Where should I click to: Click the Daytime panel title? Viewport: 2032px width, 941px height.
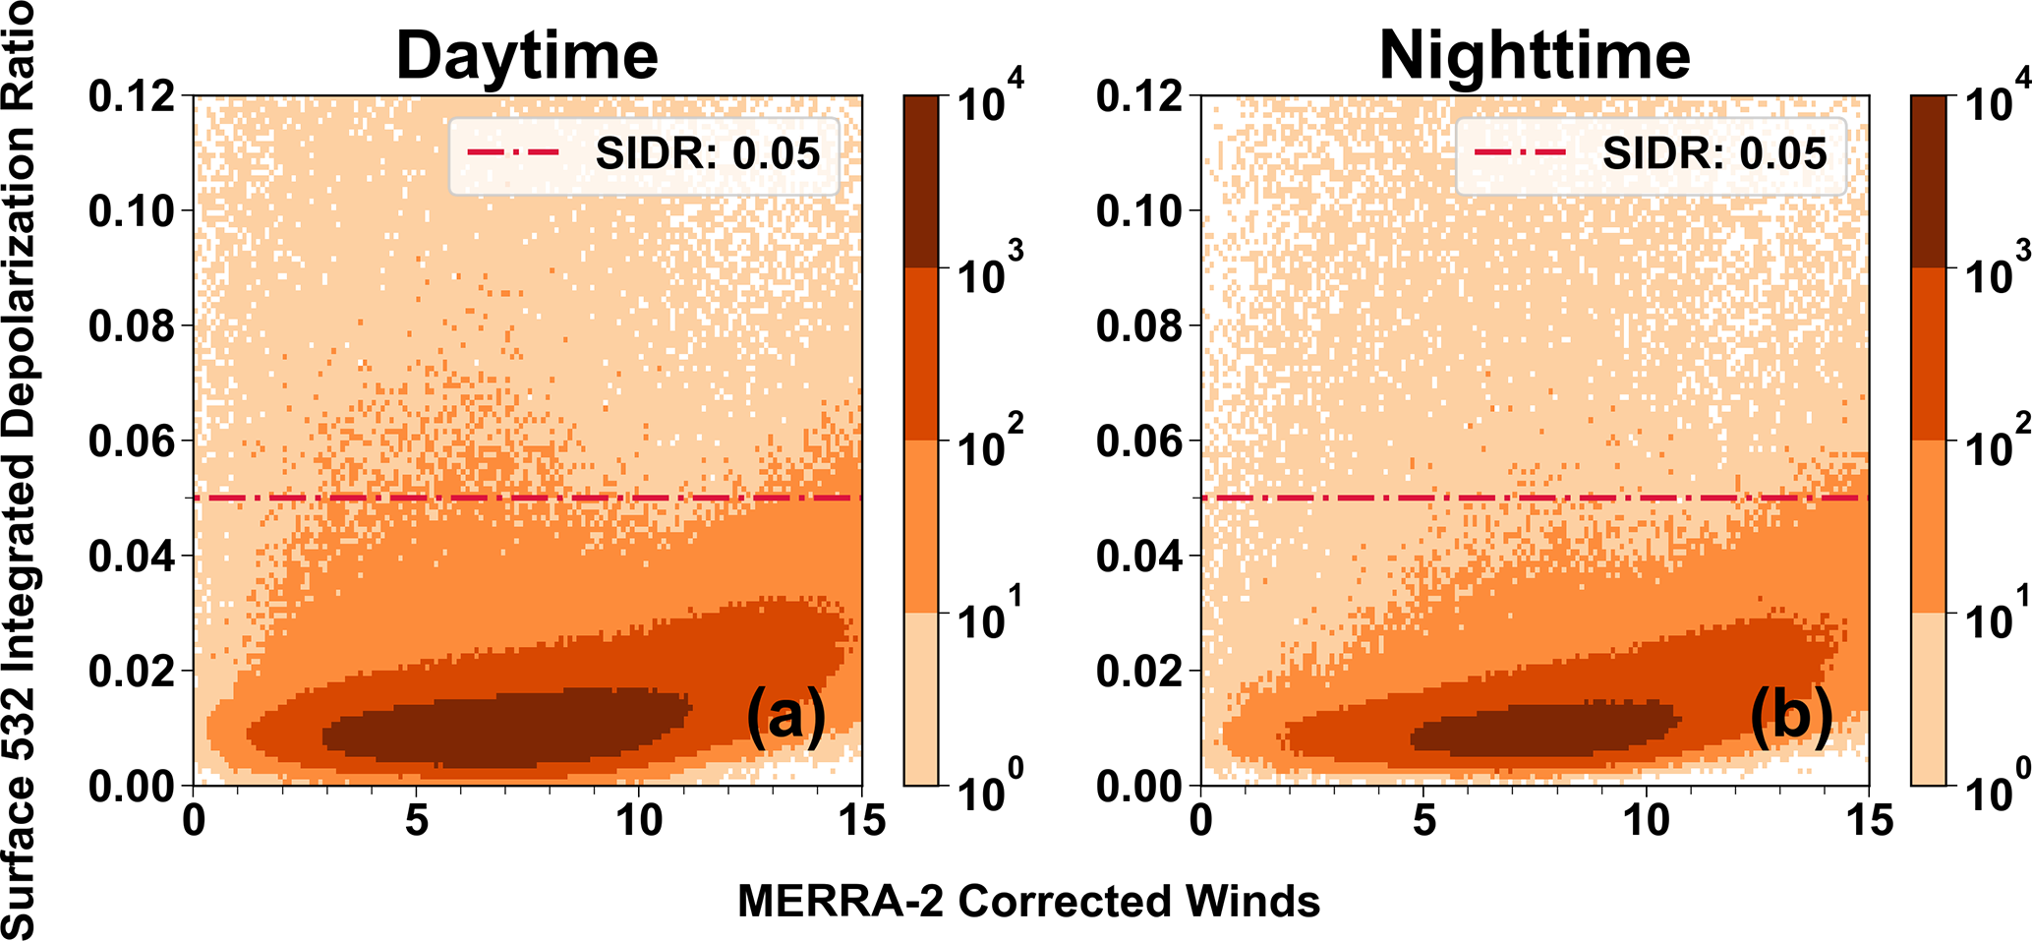527,56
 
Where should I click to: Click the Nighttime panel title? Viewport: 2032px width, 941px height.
1535,56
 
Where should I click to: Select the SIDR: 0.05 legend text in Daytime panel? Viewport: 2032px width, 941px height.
708,154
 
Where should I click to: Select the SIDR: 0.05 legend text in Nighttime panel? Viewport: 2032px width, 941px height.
1714,154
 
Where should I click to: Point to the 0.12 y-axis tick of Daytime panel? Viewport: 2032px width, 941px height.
132,96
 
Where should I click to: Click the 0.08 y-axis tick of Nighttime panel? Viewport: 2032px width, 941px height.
1138,326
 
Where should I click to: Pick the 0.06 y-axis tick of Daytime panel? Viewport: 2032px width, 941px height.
132,441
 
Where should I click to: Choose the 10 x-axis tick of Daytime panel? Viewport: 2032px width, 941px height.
639,820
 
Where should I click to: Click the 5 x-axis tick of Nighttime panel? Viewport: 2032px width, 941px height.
1423,820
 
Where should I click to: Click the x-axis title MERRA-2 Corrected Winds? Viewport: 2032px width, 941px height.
1028,901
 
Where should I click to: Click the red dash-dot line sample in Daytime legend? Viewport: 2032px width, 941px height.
513,153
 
